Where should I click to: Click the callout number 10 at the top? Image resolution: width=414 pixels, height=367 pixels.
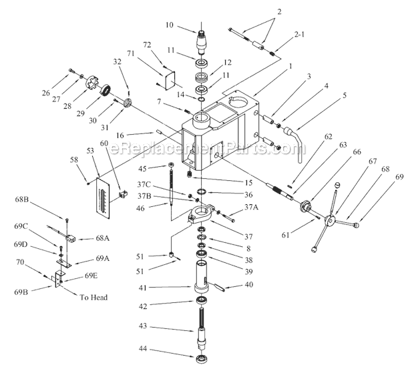[169, 26]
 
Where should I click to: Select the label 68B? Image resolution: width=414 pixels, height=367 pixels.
[39, 200]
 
